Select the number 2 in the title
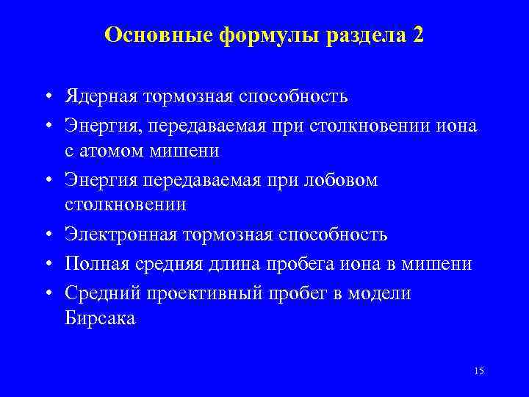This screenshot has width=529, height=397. click(x=418, y=35)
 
